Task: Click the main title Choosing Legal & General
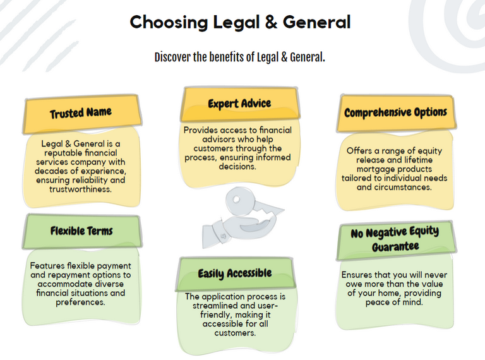coord(240,22)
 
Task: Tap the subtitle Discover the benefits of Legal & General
coord(240,57)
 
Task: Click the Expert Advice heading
coord(239,103)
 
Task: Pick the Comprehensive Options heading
coord(395,112)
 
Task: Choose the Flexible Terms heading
coord(81,231)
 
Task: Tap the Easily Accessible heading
coord(234,273)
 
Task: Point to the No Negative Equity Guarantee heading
coord(395,239)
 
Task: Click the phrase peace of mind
coord(395,303)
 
